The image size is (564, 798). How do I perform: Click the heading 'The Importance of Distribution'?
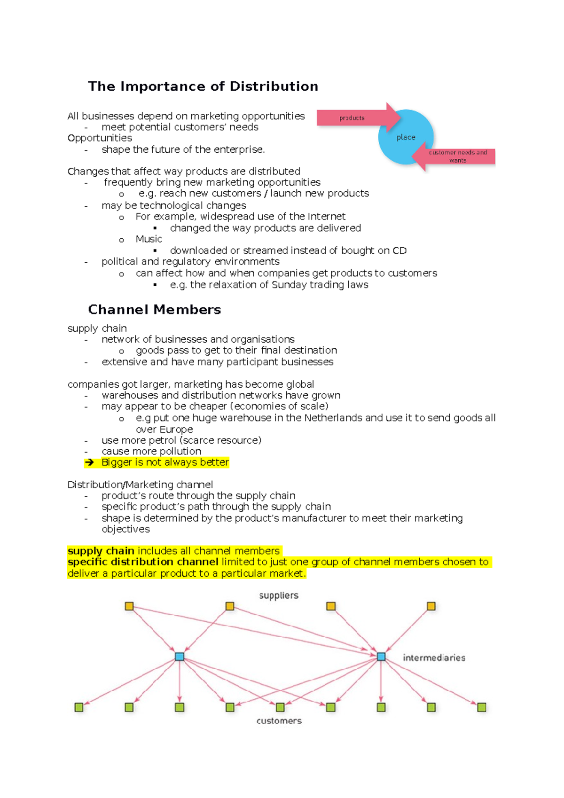(x=203, y=86)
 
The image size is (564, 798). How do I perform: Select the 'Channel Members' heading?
(x=154, y=310)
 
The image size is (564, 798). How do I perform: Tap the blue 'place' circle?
(x=405, y=137)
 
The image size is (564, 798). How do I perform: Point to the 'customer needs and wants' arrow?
(x=456, y=156)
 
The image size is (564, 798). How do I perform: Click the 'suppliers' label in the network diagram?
(x=279, y=595)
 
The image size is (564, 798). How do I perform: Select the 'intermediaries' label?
(x=434, y=657)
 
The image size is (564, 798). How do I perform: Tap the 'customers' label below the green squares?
(x=279, y=720)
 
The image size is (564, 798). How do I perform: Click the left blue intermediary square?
(x=180, y=657)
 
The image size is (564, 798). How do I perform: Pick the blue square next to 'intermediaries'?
(x=381, y=657)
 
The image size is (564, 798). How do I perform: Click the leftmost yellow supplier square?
(x=129, y=606)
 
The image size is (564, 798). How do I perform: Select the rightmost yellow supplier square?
(x=431, y=606)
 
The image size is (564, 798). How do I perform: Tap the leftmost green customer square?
(x=79, y=707)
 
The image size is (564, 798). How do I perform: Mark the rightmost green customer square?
(x=481, y=707)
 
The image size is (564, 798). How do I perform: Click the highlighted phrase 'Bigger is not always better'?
(x=165, y=462)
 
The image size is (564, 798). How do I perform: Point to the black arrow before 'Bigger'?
(x=89, y=463)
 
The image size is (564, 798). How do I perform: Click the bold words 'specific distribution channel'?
(x=143, y=562)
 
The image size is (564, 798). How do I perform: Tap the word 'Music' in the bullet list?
(x=149, y=239)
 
